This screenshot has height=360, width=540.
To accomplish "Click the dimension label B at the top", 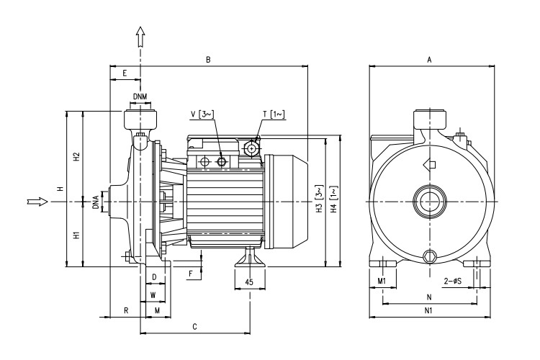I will (207, 59).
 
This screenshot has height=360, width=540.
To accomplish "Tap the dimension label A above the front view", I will (429, 60).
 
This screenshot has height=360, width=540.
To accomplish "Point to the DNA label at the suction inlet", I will (96, 202).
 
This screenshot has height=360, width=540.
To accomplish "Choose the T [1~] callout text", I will (274, 114).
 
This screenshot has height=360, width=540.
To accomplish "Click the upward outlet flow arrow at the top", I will (140, 37).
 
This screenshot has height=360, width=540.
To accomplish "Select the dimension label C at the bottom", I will (194, 328).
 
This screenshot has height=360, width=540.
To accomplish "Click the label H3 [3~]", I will (318, 202).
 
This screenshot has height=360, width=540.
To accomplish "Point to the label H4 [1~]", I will (333, 202).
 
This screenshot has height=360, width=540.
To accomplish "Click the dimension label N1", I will (429, 311).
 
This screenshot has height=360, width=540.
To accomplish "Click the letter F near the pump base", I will (190, 274).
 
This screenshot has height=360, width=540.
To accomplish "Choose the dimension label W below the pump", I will (152, 295).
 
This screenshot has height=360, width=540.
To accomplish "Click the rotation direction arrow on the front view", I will (431, 163).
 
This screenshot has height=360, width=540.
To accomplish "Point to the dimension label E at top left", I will (125, 73).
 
